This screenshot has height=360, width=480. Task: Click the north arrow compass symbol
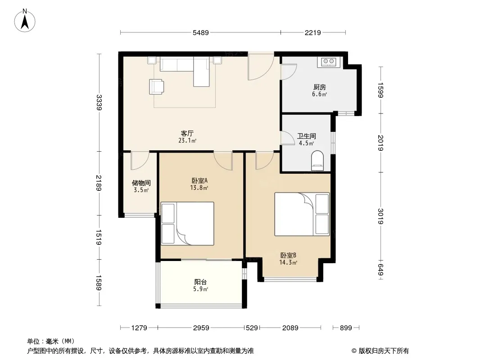(25, 20)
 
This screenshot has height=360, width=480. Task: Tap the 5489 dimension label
(200, 32)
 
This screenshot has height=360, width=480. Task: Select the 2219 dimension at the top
(312, 32)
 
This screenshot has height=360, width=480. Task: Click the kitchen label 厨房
(319, 87)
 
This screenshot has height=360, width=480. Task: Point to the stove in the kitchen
(328, 62)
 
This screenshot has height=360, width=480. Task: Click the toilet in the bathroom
(317, 160)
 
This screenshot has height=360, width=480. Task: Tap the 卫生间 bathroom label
(307, 136)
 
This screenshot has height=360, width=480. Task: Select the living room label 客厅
(187, 133)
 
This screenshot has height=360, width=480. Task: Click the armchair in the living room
(156, 86)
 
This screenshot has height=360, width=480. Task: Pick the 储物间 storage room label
(141, 183)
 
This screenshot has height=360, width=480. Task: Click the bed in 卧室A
(187, 223)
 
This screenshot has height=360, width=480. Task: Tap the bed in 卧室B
(302, 214)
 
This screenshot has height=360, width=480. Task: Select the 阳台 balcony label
(200, 282)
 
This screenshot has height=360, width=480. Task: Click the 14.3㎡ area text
(288, 262)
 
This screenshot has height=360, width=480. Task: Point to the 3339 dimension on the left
(99, 103)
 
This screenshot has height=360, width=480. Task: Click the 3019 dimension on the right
(380, 216)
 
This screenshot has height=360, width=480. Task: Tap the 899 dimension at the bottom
(346, 328)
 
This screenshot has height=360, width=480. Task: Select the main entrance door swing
(261, 67)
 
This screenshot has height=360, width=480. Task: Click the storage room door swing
(140, 161)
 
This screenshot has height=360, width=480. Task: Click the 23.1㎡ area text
(187, 141)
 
